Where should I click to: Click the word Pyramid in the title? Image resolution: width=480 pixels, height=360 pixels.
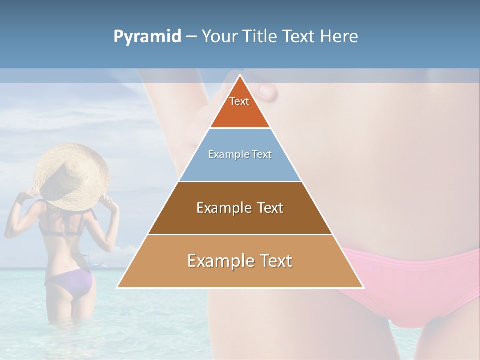(x=147, y=37)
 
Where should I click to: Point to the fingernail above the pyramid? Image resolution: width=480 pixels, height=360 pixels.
(x=267, y=91)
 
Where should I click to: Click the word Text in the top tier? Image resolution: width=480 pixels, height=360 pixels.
(x=239, y=101)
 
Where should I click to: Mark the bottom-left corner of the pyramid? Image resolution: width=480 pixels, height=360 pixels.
(x=117, y=288)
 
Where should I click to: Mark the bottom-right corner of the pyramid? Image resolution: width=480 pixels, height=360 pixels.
(x=364, y=288)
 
